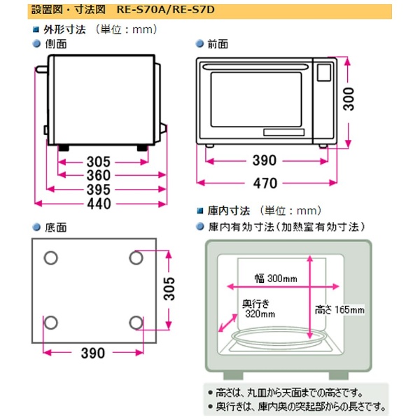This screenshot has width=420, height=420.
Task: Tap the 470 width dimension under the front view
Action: click(x=265, y=183)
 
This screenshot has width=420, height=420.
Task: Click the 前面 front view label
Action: click(x=218, y=43)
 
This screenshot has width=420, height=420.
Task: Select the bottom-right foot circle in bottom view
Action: click(x=136, y=322)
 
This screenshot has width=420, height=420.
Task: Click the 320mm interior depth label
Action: click(x=259, y=314)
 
